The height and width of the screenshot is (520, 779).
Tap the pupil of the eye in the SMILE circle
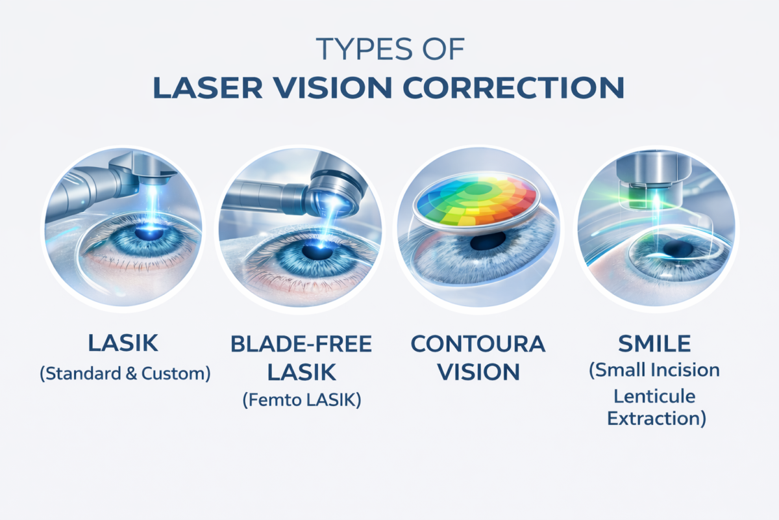[678, 250]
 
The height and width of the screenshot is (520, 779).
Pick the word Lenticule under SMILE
[655, 395]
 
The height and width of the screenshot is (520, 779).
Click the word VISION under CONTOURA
[478, 372]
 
